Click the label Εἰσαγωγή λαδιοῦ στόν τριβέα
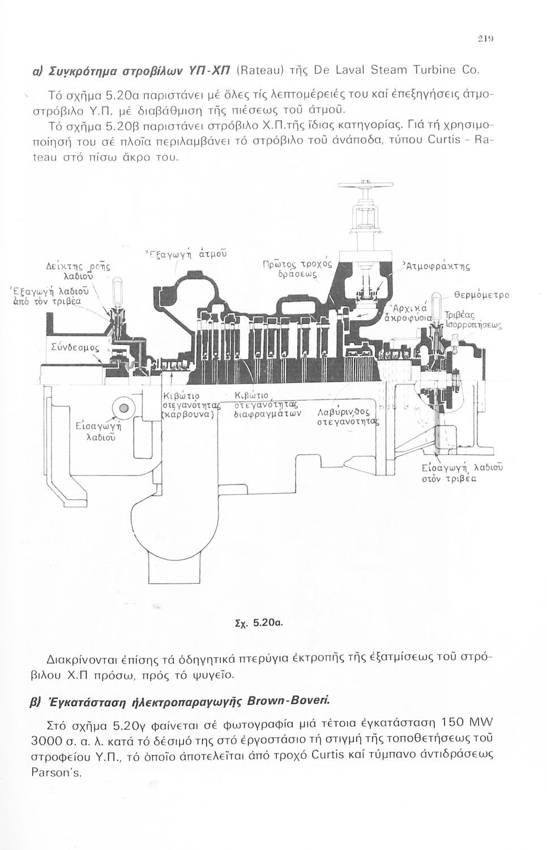click(461, 473)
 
